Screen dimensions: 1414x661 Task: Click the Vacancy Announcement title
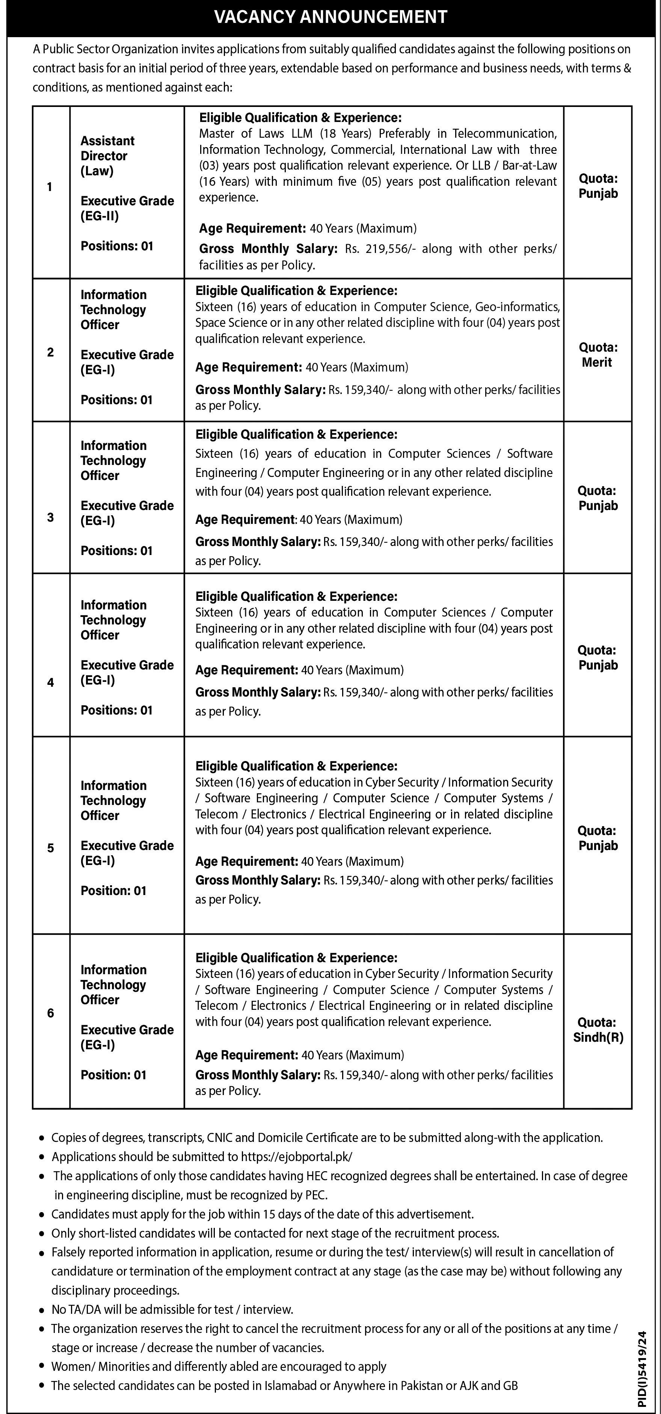coord(330,17)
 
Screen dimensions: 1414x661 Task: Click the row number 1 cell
coord(50,187)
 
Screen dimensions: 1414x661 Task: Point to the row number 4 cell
coord(51,682)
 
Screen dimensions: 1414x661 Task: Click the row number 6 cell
coord(51,1013)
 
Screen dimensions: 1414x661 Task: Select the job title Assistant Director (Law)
coord(108,156)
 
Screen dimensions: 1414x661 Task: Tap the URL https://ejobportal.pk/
coord(296,1157)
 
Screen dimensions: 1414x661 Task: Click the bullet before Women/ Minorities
coord(41,1367)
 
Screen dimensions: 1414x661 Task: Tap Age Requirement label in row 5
coord(246,861)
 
